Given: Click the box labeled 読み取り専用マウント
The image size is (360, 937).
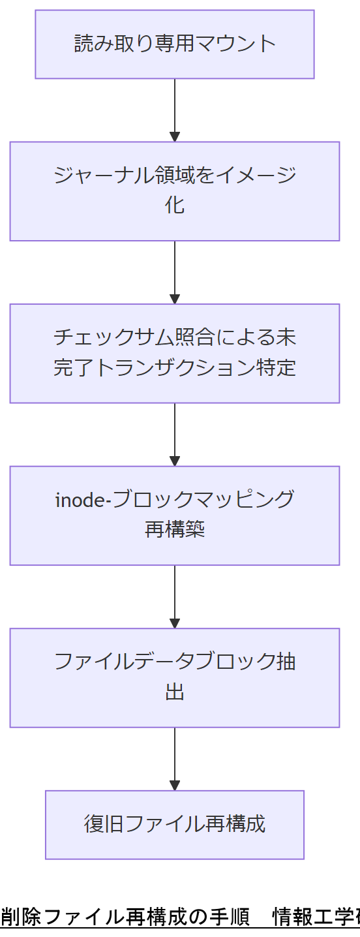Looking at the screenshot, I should (x=175, y=44).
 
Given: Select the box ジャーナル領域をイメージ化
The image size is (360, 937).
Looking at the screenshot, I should (x=175, y=191).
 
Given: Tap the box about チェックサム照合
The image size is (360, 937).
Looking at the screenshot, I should (x=175, y=353).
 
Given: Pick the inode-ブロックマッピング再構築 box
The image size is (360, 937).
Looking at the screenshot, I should (x=175, y=515).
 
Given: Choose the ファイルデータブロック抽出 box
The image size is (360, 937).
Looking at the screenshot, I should (x=175, y=677).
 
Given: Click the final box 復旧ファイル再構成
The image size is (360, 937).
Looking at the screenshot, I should (x=175, y=825).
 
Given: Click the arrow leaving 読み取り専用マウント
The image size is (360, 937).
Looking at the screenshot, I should (x=175, y=110).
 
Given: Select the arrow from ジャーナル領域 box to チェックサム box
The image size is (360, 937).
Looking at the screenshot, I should (x=175, y=272).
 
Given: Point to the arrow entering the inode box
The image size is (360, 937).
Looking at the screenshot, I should (x=175, y=434).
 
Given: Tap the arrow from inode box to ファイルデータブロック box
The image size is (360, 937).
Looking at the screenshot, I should (x=175, y=596).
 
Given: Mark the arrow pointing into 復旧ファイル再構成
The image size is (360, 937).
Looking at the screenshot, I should (x=175, y=758).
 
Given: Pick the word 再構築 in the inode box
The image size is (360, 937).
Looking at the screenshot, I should (x=175, y=529).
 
